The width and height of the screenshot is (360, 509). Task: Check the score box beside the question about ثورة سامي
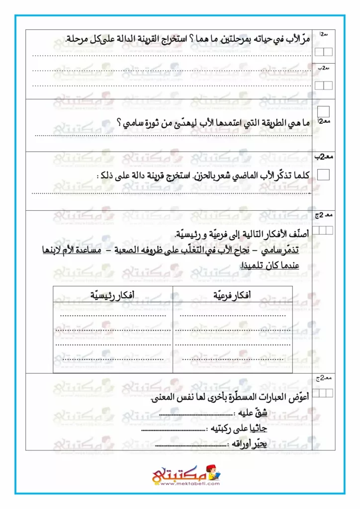[323, 112]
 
